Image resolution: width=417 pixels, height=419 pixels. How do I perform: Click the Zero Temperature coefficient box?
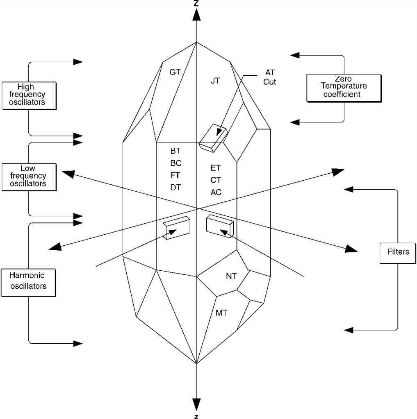pos(344,86)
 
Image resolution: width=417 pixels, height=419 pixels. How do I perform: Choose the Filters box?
pos(398,251)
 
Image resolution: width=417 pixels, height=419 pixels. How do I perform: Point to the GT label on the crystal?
pos(175,72)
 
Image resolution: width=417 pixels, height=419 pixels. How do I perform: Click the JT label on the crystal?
pos(215,81)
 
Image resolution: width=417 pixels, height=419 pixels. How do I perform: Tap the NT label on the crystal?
pos(231,276)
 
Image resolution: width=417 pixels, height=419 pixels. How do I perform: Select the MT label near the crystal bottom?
pos(221,313)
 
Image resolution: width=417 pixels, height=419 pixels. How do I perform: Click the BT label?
pos(175,151)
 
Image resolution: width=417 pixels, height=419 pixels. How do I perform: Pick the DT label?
pos(175,187)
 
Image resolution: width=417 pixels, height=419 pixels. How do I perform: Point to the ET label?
pos(216,168)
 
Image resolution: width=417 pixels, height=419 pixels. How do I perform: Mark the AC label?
pos(216,192)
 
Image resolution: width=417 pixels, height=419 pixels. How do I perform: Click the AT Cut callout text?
pos(270,77)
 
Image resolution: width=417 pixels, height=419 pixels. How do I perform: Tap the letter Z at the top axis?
pos(197,3)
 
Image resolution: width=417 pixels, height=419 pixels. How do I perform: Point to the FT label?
pos(175,175)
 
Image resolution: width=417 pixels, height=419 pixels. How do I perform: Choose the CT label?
pos(216,180)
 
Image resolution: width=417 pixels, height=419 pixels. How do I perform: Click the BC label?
pos(176,163)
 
